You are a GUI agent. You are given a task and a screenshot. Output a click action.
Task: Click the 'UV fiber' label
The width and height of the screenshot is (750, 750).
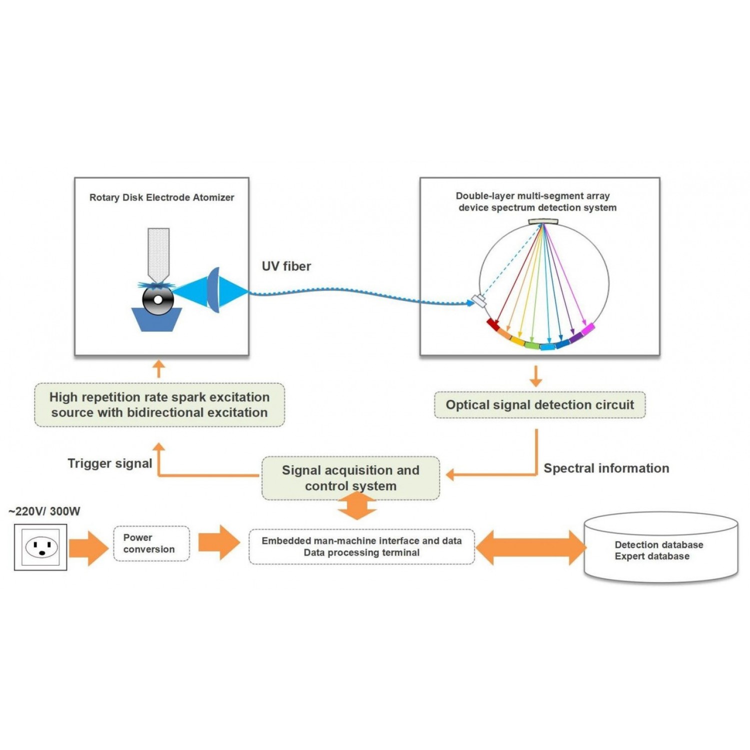[x=286, y=266]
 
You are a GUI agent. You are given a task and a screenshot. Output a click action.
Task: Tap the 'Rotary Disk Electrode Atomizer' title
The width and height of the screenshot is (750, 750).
[x=161, y=197]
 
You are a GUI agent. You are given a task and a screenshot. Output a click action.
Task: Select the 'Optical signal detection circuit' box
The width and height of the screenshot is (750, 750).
[x=539, y=405]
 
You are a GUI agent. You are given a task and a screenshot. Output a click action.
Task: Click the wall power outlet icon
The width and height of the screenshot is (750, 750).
[x=41, y=547]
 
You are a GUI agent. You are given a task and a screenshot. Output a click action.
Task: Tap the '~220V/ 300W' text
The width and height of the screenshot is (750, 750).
[x=44, y=511]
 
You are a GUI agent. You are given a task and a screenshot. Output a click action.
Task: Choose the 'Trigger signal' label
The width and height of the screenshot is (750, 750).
[x=109, y=463]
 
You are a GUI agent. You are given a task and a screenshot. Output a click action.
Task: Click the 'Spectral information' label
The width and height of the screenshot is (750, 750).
[x=606, y=468]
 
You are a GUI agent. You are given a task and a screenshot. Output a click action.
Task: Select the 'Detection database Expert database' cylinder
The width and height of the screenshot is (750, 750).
[x=660, y=550]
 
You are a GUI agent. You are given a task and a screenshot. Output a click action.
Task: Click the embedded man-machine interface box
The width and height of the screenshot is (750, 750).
[x=361, y=546]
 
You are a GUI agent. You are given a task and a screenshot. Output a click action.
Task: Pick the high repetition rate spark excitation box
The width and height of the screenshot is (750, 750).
[x=159, y=405]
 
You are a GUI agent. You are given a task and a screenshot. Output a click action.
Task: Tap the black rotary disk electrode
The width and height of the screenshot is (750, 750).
[x=158, y=300]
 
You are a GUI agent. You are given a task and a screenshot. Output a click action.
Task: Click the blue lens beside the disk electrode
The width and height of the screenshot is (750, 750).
[x=214, y=290]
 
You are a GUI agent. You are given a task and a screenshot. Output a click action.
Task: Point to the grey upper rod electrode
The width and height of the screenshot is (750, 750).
[x=158, y=252]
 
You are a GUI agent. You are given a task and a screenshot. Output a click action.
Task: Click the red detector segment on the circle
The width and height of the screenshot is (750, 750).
[x=493, y=324]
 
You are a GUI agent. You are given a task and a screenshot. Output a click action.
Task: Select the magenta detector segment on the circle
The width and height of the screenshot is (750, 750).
[x=588, y=328]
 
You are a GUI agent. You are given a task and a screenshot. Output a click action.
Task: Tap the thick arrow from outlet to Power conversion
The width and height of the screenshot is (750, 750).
[x=88, y=548]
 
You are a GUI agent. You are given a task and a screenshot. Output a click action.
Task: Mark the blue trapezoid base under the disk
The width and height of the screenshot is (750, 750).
[x=156, y=320]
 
